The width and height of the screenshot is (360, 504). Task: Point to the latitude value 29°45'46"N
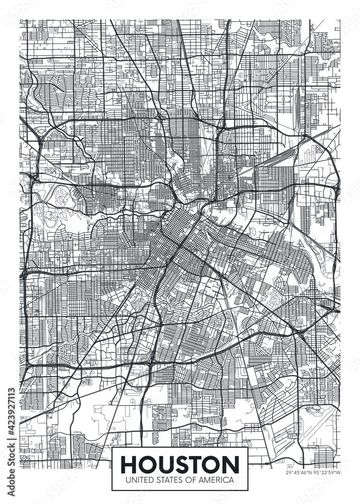pyautogui.click(x=299, y=472)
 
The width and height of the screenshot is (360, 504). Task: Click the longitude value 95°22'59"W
pyautogui.click(x=328, y=472)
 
